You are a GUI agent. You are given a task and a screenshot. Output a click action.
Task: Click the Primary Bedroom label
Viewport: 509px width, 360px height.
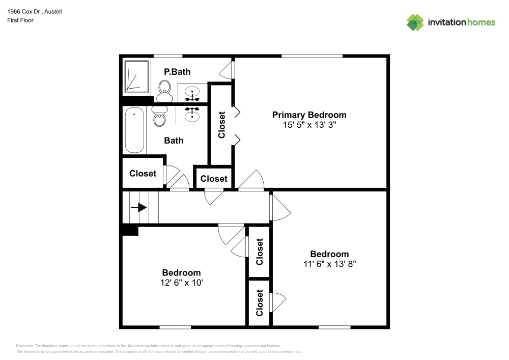[x=309, y=115]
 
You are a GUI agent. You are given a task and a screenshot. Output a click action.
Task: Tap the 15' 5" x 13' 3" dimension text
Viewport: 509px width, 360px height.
[x=309, y=125]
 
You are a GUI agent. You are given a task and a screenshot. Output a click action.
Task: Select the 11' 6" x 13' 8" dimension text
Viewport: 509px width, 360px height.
[x=329, y=264]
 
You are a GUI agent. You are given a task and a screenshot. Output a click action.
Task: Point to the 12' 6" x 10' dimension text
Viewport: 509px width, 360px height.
[x=182, y=283]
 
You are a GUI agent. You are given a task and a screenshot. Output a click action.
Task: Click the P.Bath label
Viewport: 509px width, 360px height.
[x=177, y=72]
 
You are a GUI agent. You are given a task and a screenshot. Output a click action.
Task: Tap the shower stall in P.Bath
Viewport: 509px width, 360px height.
[x=136, y=76]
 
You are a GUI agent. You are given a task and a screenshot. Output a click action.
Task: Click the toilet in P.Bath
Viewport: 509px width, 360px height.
[x=164, y=91]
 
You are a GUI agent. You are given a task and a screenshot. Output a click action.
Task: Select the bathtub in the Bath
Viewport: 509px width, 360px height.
[x=134, y=130]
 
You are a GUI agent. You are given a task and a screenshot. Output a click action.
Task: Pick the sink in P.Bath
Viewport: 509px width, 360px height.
[x=192, y=93]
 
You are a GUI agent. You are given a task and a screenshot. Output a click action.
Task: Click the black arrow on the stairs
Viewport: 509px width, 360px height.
[x=138, y=207]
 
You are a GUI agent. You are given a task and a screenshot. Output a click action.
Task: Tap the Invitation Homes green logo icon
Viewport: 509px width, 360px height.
[x=415, y=22]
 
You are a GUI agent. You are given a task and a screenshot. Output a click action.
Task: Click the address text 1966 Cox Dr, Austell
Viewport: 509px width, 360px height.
[x=35, y=12]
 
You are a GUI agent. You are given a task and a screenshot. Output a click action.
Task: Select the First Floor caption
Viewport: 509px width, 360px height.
[x=20, y=20]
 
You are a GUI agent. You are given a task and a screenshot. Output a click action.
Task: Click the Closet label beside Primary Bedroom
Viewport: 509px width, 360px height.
[x=222, y=125]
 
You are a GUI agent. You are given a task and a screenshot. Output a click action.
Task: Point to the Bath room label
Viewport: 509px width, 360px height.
[x=174, y=141]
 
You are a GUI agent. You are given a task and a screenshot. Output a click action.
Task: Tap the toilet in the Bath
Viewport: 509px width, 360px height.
[x=159, y=116]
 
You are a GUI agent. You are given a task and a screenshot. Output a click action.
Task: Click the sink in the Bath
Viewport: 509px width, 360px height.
[x=192, y=115]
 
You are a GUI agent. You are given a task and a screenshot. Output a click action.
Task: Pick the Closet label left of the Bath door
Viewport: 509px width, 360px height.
[x=143, y=174]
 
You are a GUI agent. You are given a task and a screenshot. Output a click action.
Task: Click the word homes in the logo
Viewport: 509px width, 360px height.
[x=482, y=22]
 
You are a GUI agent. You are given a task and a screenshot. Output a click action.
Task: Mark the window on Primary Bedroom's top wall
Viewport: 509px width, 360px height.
[x=312, y=56]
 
